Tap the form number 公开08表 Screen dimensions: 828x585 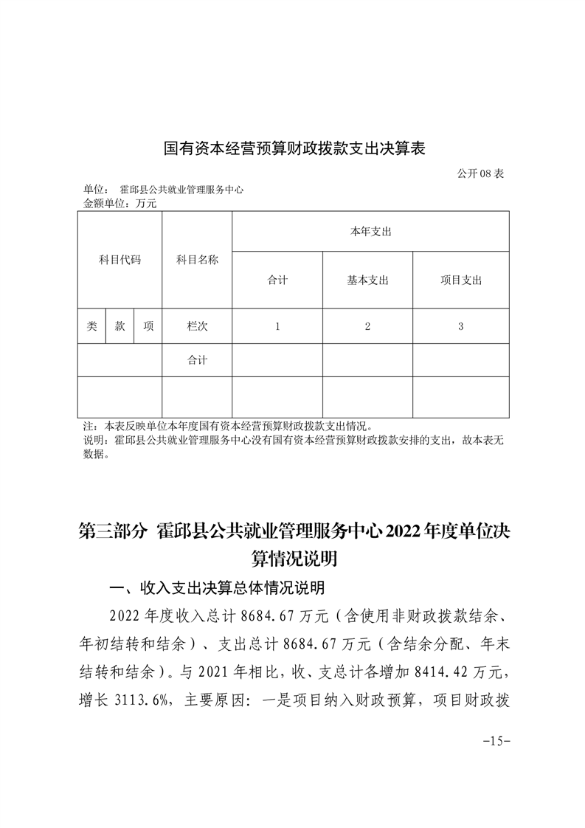click(480, 174)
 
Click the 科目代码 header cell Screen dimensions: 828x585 click(120, 260)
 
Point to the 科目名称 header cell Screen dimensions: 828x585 click(197, 260)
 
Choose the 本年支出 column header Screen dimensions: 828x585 click(370, 232)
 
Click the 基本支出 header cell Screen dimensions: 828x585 click(367, 280)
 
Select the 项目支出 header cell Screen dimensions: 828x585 click(460, 280)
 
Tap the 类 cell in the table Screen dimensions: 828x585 click(91, 326)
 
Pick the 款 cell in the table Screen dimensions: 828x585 click(120, 326)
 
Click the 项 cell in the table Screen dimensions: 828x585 click(148, 326)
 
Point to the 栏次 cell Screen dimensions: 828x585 click(197, 326)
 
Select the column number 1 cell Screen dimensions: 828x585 click(277, 326)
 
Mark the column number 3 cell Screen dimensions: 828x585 click(460, 326)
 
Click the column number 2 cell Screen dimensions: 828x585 click(367, 326)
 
